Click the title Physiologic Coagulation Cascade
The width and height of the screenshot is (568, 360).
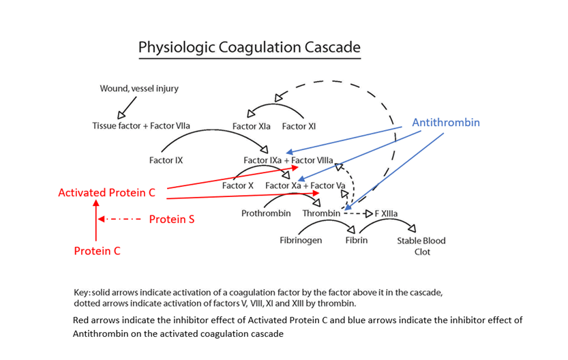[x=249, y=47]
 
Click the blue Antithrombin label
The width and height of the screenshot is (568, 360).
[x=446, y=123]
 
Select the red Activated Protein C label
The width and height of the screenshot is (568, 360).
[x=106, y=193]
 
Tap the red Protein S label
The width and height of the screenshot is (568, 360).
[x=172, y=220]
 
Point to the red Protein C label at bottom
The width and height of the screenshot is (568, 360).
[x=97, y=251]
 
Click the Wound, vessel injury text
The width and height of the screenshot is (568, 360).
[x=139, y=89]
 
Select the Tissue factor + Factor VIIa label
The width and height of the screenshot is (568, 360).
[x=141, y=126]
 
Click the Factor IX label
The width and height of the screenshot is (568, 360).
[x=166, y=161]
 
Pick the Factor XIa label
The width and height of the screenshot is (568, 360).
[x=251, y=126]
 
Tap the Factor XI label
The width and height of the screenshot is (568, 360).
[x=298, y=126]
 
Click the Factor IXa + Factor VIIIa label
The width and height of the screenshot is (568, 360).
[x=288, y=160]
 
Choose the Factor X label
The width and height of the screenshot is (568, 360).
[x=238, y=185]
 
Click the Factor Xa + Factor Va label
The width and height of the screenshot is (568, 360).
[x=305, y=185]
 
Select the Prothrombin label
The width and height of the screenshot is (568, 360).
[x=266, y=213]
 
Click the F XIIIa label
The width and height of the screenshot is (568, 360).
[x=386, y=213]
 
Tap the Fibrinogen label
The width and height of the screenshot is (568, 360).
[x=301, y=241]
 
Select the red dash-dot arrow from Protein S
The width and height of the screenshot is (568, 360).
[x=119, y=220]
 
